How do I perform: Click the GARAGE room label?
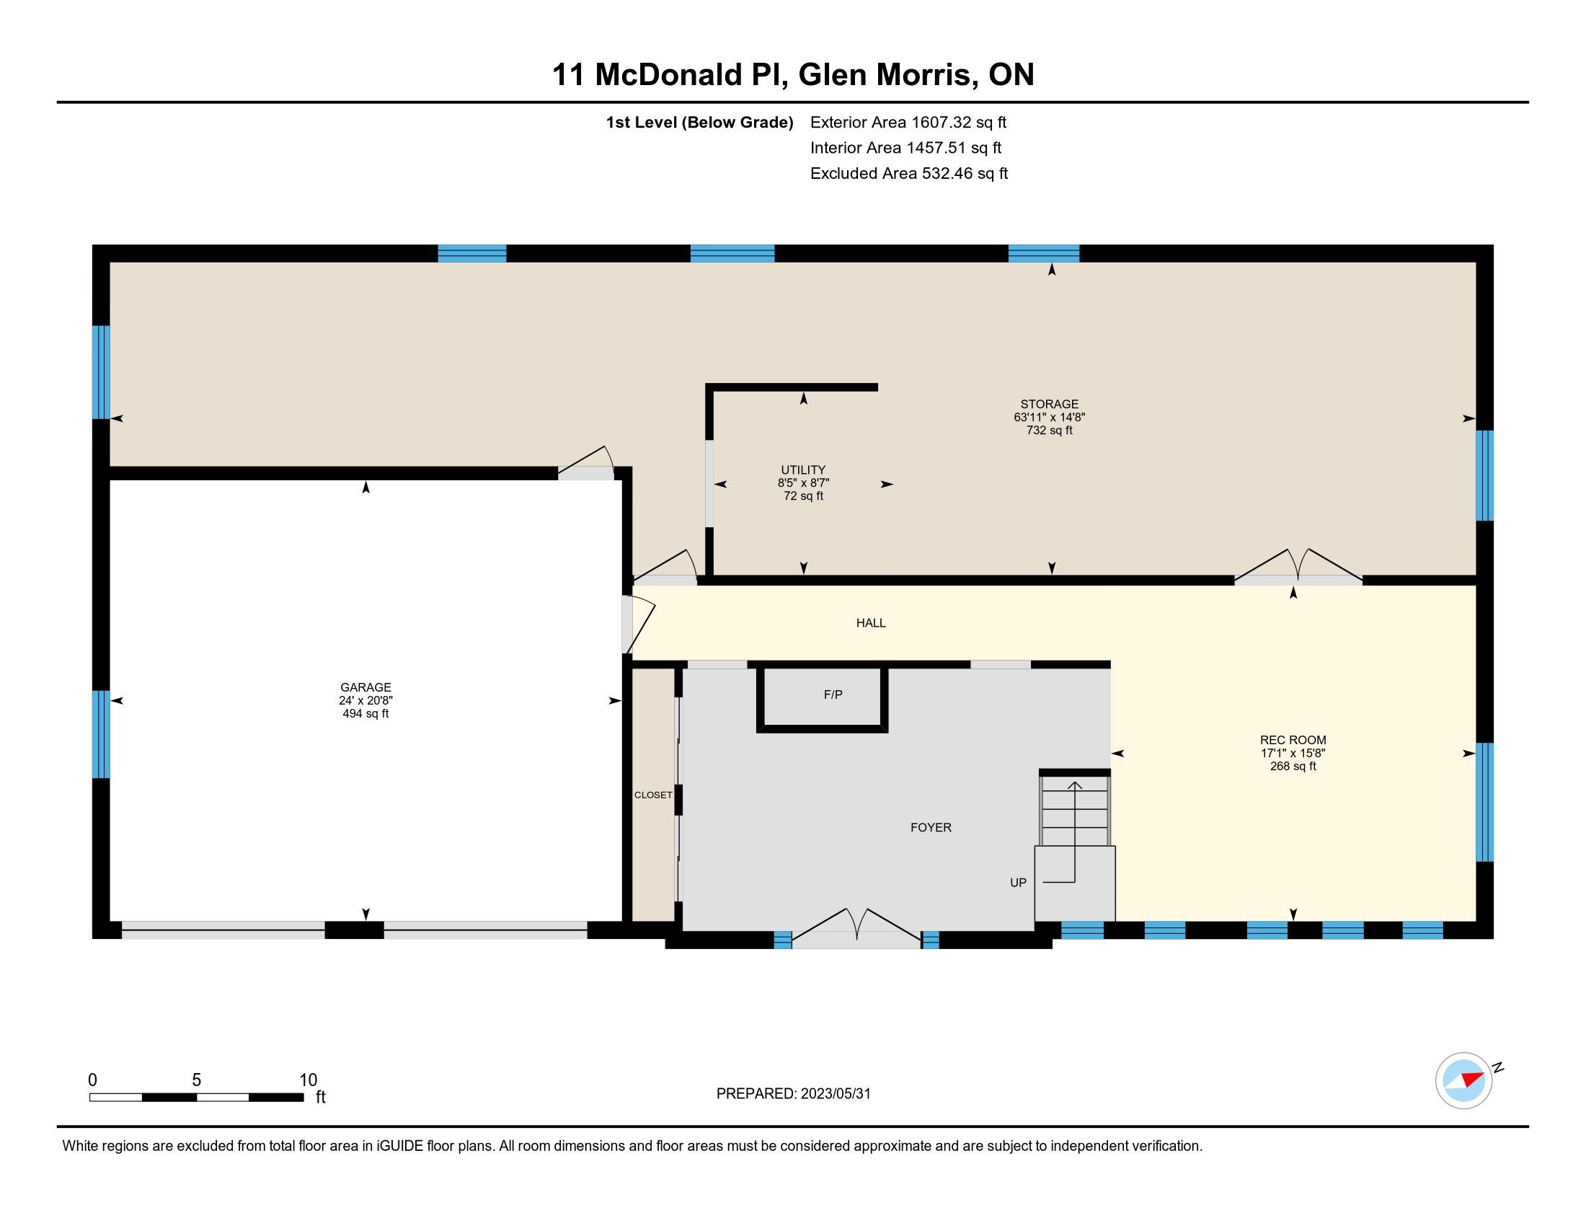point(366,687)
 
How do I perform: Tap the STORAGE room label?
point(1050,404)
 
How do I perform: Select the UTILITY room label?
point(803,470)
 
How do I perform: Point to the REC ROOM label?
point(1293,740)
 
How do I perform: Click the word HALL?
point(871,622)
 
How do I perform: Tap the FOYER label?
point(931,827)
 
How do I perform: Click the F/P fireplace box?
point(822,697)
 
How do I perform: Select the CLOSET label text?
point(653,795)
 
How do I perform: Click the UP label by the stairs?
point(1018,883)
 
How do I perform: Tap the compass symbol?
point(1463,1080)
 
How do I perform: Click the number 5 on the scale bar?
point(196,1080)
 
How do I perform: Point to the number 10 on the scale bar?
point(308,1080)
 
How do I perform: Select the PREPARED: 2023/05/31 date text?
point(793,1094)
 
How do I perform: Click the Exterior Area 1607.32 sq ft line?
point(908,122)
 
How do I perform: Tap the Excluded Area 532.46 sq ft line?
point(909,173)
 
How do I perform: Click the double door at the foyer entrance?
point(857,930)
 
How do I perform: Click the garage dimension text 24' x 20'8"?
point(366,700)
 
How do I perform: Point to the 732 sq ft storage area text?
point(1050,430)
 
